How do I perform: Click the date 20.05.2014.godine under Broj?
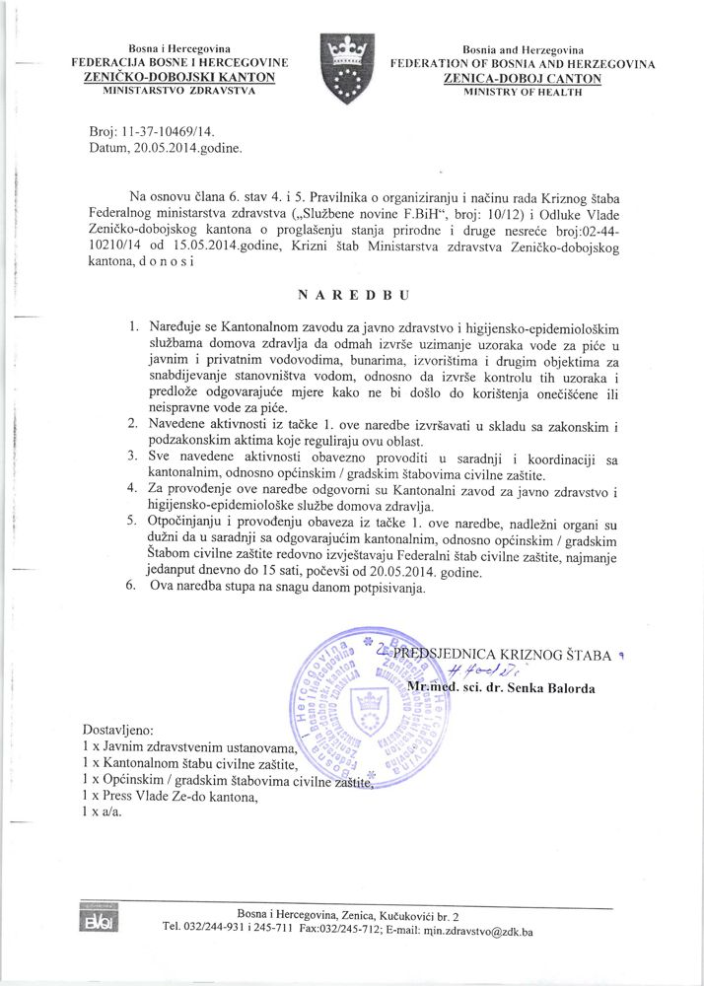[x=184, y=149]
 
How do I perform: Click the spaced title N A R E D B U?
[x=353, y=293]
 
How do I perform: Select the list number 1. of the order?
[x=133, y=325]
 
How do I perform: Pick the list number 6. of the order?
[x=133, y=589]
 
